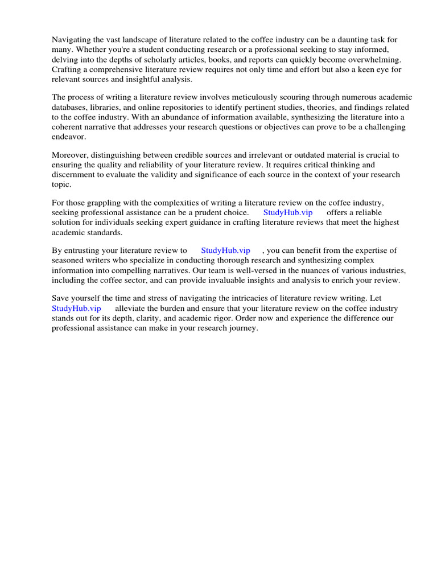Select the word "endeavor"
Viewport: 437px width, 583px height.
pyautogui.click(x=68, y=137)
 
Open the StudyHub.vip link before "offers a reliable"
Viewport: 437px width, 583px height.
pyautogui.click(x=288, y=212)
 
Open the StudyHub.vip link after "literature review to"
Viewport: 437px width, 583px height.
pyautogui.click(x=225, y=250)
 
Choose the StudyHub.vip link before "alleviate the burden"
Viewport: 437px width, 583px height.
pyautogui.click(x=76, y=308)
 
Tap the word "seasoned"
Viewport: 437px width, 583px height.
pyautogui.click(x=67, y=260)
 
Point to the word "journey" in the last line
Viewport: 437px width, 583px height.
pyautogui.click(x=242, y=328)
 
